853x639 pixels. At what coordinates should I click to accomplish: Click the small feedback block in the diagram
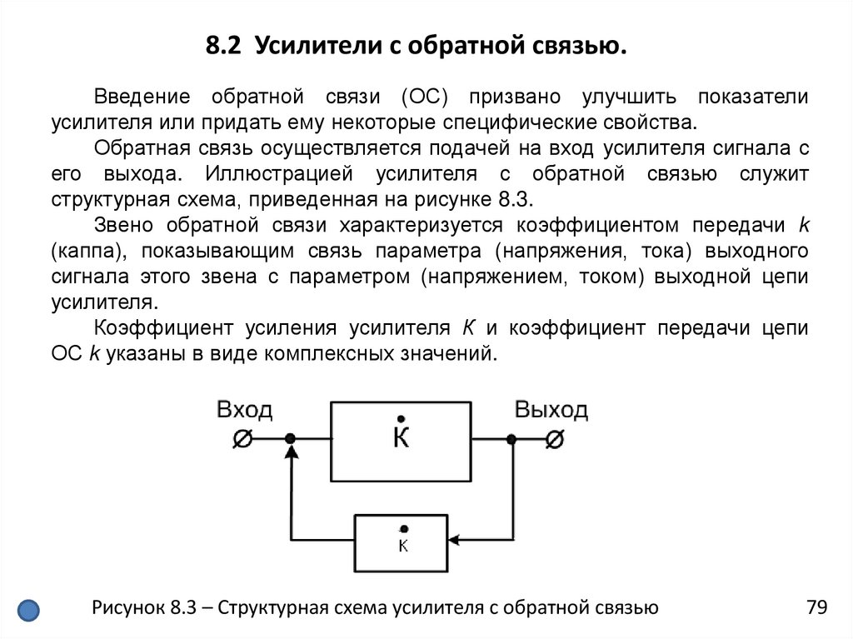pyautogui.click(x=402, y=542)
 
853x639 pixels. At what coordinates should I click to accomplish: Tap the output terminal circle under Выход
pyautogui.click(x=554, y=438)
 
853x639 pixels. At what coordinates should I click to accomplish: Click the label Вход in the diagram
pyautogui.click(x=244, y=410)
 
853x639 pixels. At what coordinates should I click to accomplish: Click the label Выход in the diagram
pyautogui.click(x=551, y=410)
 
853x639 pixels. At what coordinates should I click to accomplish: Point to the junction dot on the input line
pyautogui.click(x=290, y=438)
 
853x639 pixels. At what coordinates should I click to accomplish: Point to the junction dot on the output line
pyautogui.click(x=511, y=438)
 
